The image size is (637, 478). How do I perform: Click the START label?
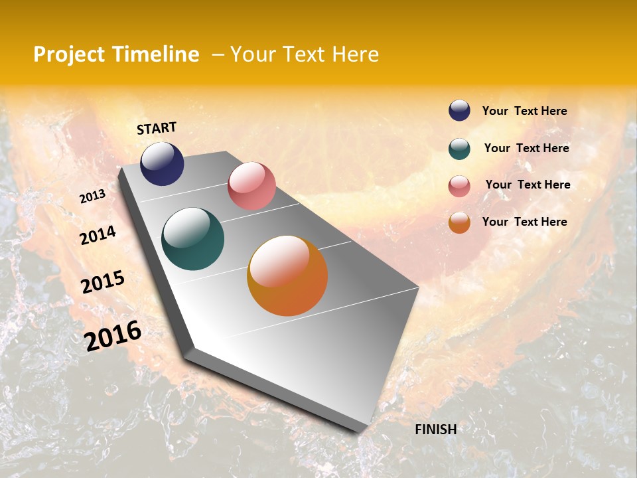point(157,128)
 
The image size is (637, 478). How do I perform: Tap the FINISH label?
point(435,430)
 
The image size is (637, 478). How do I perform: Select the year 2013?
point(92,197)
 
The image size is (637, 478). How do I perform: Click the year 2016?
point(113,336)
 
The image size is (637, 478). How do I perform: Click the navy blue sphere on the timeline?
point(162,164)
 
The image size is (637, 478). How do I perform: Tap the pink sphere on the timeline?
point(251,186)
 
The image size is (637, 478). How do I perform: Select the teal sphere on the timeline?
point(192,239)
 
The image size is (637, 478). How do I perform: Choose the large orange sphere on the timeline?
point(287,276)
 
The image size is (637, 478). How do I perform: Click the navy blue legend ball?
point(459,111)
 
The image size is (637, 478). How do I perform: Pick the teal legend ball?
point(459,149)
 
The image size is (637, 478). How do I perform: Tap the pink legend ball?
point(459,185)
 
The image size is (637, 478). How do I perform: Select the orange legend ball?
point(459,222)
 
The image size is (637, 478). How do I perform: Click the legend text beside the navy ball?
point(524,112)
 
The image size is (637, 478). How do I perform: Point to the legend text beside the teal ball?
point(526,148)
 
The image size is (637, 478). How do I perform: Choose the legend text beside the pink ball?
point(528,185)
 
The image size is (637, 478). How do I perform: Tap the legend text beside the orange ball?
point(524,222)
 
